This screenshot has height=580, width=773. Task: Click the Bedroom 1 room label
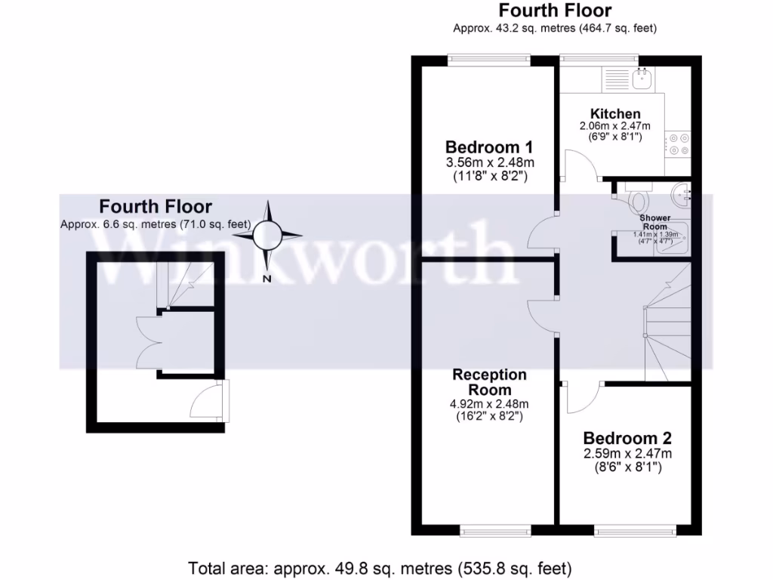(x=483, y=147)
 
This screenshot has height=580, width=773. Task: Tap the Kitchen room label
(x=615, y=113)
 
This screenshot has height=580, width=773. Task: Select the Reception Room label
(x=489, y=382)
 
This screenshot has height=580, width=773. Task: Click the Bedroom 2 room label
(x=627, y=438)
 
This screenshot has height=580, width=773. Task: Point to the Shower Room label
(x=655, y=222)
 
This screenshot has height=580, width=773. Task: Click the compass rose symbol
(x=266, y=236)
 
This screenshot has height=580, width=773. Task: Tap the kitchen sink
(x=644, y=78)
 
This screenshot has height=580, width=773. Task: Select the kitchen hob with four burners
(x=678, y=144)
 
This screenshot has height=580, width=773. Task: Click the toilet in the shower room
(x=638, y=199)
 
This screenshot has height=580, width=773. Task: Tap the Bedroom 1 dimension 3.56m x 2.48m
(x=483, y=162)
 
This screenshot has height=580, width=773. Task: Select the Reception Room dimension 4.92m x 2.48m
(x=489, y=403)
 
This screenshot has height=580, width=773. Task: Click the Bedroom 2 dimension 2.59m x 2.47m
(x=627, y=454)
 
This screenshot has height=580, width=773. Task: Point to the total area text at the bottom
(x=380, y=567)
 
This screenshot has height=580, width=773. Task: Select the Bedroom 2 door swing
(x=579, y=397)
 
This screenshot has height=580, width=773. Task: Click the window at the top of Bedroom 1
(x=488, y=59)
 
